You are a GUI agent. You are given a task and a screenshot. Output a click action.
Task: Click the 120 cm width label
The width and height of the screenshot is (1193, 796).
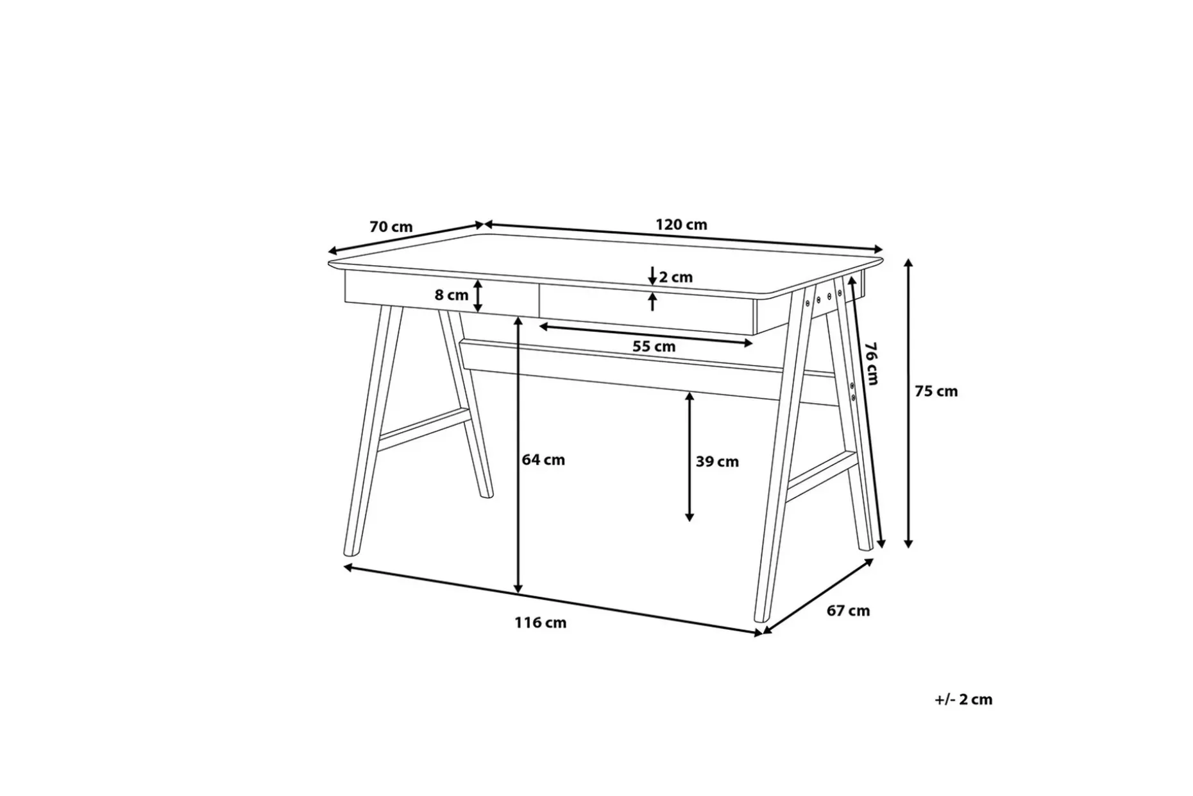coord(681,225)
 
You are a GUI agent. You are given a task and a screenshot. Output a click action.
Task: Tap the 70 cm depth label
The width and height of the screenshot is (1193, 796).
coord(391,227)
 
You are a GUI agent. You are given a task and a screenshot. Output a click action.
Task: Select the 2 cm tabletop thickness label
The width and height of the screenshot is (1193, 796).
coord(676,277)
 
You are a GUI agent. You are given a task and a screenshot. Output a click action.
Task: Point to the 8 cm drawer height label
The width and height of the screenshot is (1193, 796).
coord(452,295)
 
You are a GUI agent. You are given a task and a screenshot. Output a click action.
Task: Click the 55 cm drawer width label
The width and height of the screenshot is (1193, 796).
coord(654,347)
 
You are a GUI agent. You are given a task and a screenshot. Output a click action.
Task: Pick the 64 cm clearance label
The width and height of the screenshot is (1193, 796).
coord(543,460)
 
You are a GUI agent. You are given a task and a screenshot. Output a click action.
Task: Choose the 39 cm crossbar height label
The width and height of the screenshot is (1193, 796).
coord(717,462)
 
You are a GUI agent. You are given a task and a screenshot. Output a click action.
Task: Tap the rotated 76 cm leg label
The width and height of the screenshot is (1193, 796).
coord(870,363)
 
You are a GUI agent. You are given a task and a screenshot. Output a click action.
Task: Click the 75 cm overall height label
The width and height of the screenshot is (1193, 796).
coord(936,391)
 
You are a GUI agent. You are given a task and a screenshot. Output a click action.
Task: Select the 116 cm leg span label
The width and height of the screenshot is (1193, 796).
coord(540,623)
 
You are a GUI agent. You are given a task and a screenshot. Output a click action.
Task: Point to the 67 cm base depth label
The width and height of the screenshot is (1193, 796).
coord(848,610)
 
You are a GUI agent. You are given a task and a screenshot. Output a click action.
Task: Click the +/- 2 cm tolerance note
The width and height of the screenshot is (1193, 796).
coord(963,699)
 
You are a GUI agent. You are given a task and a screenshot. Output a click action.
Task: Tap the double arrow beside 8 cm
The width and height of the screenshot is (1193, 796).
coord(478,296)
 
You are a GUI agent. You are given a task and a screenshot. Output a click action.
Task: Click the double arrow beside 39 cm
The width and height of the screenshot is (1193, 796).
coord(690,456)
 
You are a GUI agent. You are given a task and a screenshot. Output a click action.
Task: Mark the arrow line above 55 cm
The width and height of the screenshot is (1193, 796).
coord(646,335)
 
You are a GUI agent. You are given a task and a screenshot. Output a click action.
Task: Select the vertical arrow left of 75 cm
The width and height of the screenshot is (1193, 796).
coord(908,403)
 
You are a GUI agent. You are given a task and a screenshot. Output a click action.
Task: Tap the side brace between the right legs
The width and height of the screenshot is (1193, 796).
coord(822,476)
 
